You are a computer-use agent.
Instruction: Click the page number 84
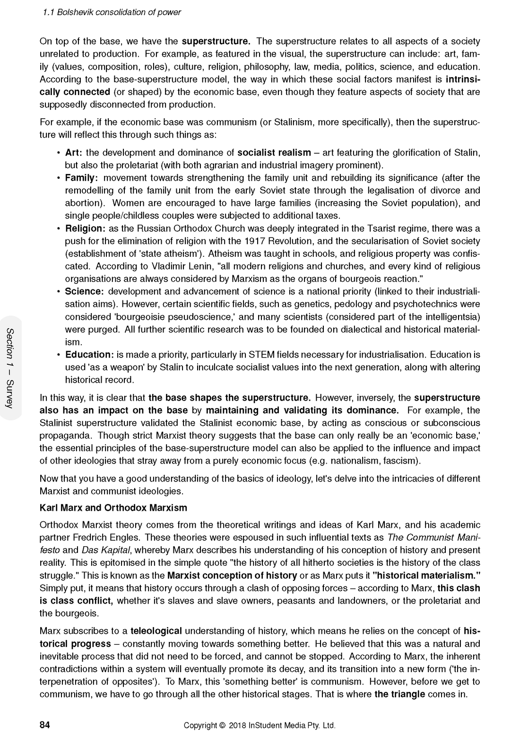point(45,725)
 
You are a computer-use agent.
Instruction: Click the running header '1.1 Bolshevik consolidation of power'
point(112,12)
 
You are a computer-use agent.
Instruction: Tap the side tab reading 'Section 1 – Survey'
point(10,368)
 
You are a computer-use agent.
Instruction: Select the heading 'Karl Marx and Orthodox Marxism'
point(113,508)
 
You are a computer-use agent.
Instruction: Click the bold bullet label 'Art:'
point(74,152)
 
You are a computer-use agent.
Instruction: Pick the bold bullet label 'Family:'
point(81,178)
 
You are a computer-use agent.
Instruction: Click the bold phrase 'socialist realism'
point(274,152)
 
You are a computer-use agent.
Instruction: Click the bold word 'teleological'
point(156,631)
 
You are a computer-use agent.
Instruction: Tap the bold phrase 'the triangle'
point(399,694)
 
